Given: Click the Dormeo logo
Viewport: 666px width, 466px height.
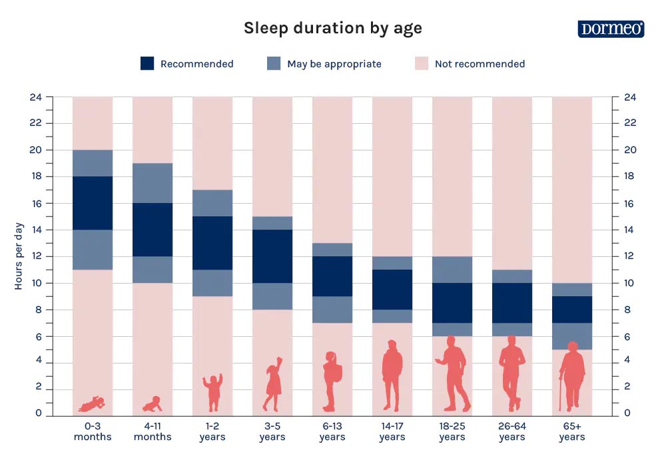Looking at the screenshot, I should pyautogui.click(x=611, y=29).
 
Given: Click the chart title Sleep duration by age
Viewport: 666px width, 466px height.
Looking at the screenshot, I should pyautogui.click(x=332, y=28).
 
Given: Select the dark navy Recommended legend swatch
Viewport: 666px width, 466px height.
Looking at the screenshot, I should pyautogui.click(x=147, y=64).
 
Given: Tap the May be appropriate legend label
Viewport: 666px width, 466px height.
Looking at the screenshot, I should pyautogui.click(x=334, y=64).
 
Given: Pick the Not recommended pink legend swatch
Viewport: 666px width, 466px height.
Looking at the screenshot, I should pyautogui.click(x=422, y=64).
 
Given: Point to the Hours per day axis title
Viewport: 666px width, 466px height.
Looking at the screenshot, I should pyautogui.click(x=19, y=256).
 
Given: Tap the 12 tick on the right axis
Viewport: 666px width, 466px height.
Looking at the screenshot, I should pyautogui.click(x=629, y=256).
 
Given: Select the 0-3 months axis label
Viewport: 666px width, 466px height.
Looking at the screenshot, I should pyautogui.click(x=93, y=431).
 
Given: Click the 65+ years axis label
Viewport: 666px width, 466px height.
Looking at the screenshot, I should pyautogui.click(x=571, y=431).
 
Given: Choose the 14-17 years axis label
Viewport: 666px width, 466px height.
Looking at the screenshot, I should pyautogui.click(x=392, y=431).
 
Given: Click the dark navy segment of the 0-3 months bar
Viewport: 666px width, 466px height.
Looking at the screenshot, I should pyautogui.click(x=93, y=203).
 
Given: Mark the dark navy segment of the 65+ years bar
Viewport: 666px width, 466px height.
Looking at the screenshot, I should pyautogui.click(x=572, y=310).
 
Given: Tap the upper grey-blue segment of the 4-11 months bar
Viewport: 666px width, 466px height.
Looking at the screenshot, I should pyautogui.click(x=153, y=183).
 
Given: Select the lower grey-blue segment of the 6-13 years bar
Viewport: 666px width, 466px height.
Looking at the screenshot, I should pyautogui.click(x=332, y=310).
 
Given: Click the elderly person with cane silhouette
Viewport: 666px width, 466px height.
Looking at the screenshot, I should pyautogui.click(x=571, y=377).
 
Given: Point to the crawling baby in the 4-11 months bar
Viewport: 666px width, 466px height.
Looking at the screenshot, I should pyautogui.click(x=153, y=404).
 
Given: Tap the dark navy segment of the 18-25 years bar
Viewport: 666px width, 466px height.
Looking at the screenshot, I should pyautogui.click(x=452, y=303).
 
